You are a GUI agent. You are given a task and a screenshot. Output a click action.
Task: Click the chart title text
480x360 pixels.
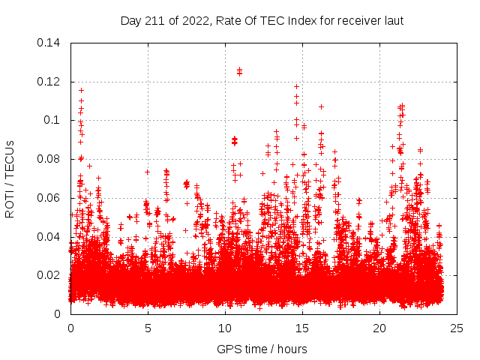[262, 20]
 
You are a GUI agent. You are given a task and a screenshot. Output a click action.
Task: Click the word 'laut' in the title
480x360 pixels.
[392, 20]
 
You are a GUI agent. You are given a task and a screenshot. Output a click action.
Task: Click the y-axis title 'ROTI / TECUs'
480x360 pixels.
[10, 178]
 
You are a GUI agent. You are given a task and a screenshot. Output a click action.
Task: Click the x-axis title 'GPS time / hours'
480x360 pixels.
[262, 349]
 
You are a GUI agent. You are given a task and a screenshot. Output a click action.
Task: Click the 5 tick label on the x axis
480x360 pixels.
[148, 328]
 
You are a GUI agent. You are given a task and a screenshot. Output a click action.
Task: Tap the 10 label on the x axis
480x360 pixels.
[225, 328]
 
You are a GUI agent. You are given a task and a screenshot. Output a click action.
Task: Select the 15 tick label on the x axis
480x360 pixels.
[302, 328]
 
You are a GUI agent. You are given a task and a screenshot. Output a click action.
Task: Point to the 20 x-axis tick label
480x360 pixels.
[379, 328]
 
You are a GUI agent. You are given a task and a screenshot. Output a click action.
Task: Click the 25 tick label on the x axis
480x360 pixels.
[457, 328]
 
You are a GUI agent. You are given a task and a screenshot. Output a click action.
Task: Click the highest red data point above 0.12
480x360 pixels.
[239, 70]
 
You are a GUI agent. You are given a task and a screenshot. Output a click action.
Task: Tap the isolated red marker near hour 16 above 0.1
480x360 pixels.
[321, 106]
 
